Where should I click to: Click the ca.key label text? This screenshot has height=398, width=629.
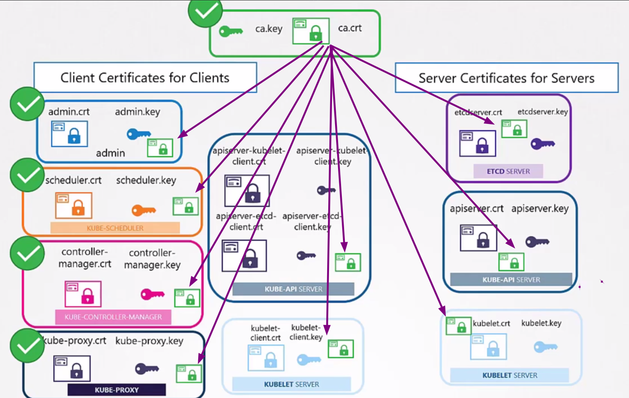[x=269, y=29]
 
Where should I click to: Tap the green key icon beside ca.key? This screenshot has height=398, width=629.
[x=231, y=31]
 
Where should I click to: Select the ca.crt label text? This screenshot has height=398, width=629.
[x=350, y=28]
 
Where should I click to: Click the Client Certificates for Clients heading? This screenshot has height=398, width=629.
[x=145, y=78]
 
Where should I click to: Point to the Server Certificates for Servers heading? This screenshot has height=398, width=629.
[x=507, y=78]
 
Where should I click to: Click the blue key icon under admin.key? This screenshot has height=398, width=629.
[x=138, y=134]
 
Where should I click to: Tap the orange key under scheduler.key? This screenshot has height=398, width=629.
[x=144, y=210]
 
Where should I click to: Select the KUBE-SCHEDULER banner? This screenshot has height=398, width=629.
[x=115, y=228]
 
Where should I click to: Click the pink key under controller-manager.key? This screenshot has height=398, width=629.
[x=152, y=294]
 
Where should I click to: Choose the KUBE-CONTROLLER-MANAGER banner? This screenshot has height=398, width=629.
[x=113, y=317]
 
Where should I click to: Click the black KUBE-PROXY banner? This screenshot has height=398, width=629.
[x=116, y=390]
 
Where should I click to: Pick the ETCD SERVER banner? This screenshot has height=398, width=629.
[x=508, y=171]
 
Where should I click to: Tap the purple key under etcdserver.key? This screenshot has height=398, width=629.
[x=543, y=143]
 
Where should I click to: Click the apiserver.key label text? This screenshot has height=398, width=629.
[x=540, y=209]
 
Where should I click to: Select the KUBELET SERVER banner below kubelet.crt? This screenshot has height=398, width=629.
[x=510, y=375]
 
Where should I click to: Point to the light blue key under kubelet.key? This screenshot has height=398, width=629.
[x=545, y=347]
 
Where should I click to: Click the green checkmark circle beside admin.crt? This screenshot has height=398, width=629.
[x=27, y=104]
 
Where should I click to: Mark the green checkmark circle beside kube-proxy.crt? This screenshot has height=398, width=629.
[x=27, y=346]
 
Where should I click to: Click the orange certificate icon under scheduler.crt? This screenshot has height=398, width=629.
[x=73, y=205]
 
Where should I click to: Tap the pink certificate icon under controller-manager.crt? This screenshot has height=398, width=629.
[x=83, y=294]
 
